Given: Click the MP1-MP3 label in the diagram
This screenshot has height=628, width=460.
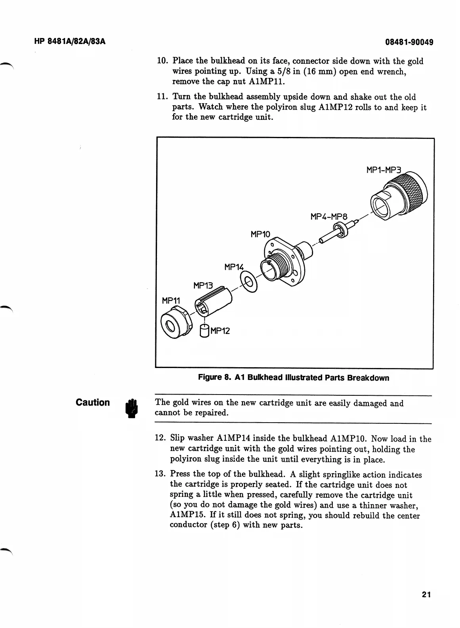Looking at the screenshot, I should point(384,170).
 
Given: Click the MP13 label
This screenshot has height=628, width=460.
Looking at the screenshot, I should point(203,285).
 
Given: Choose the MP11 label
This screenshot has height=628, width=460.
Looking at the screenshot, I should point(171,301).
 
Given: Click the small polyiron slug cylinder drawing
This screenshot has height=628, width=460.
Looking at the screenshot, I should point(204,331).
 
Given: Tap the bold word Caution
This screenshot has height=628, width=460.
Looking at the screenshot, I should point(93,402).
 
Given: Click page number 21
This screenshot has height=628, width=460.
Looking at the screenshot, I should point(426,594).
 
